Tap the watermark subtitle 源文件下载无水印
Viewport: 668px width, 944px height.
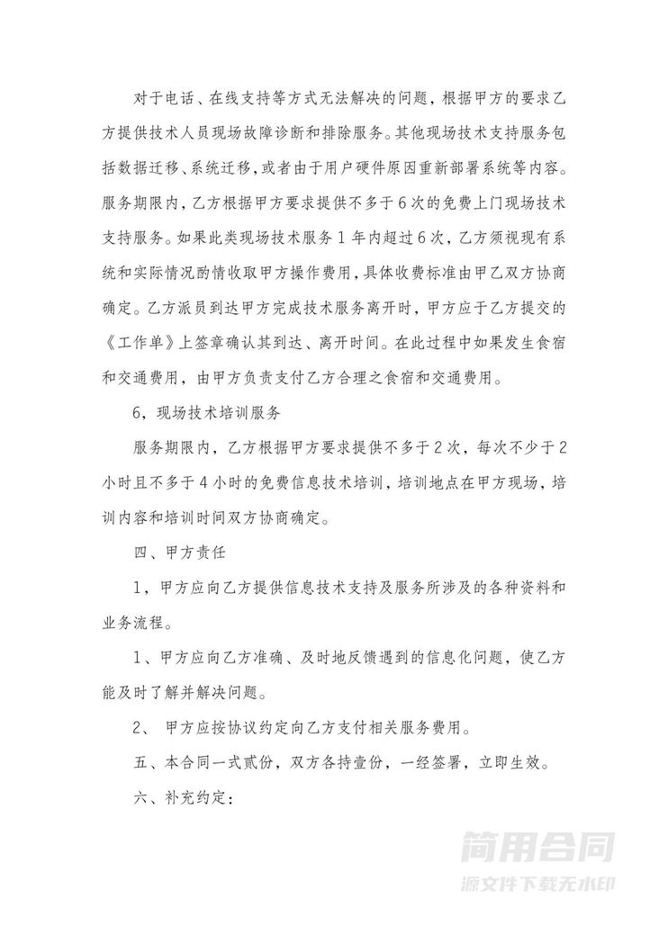538,883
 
